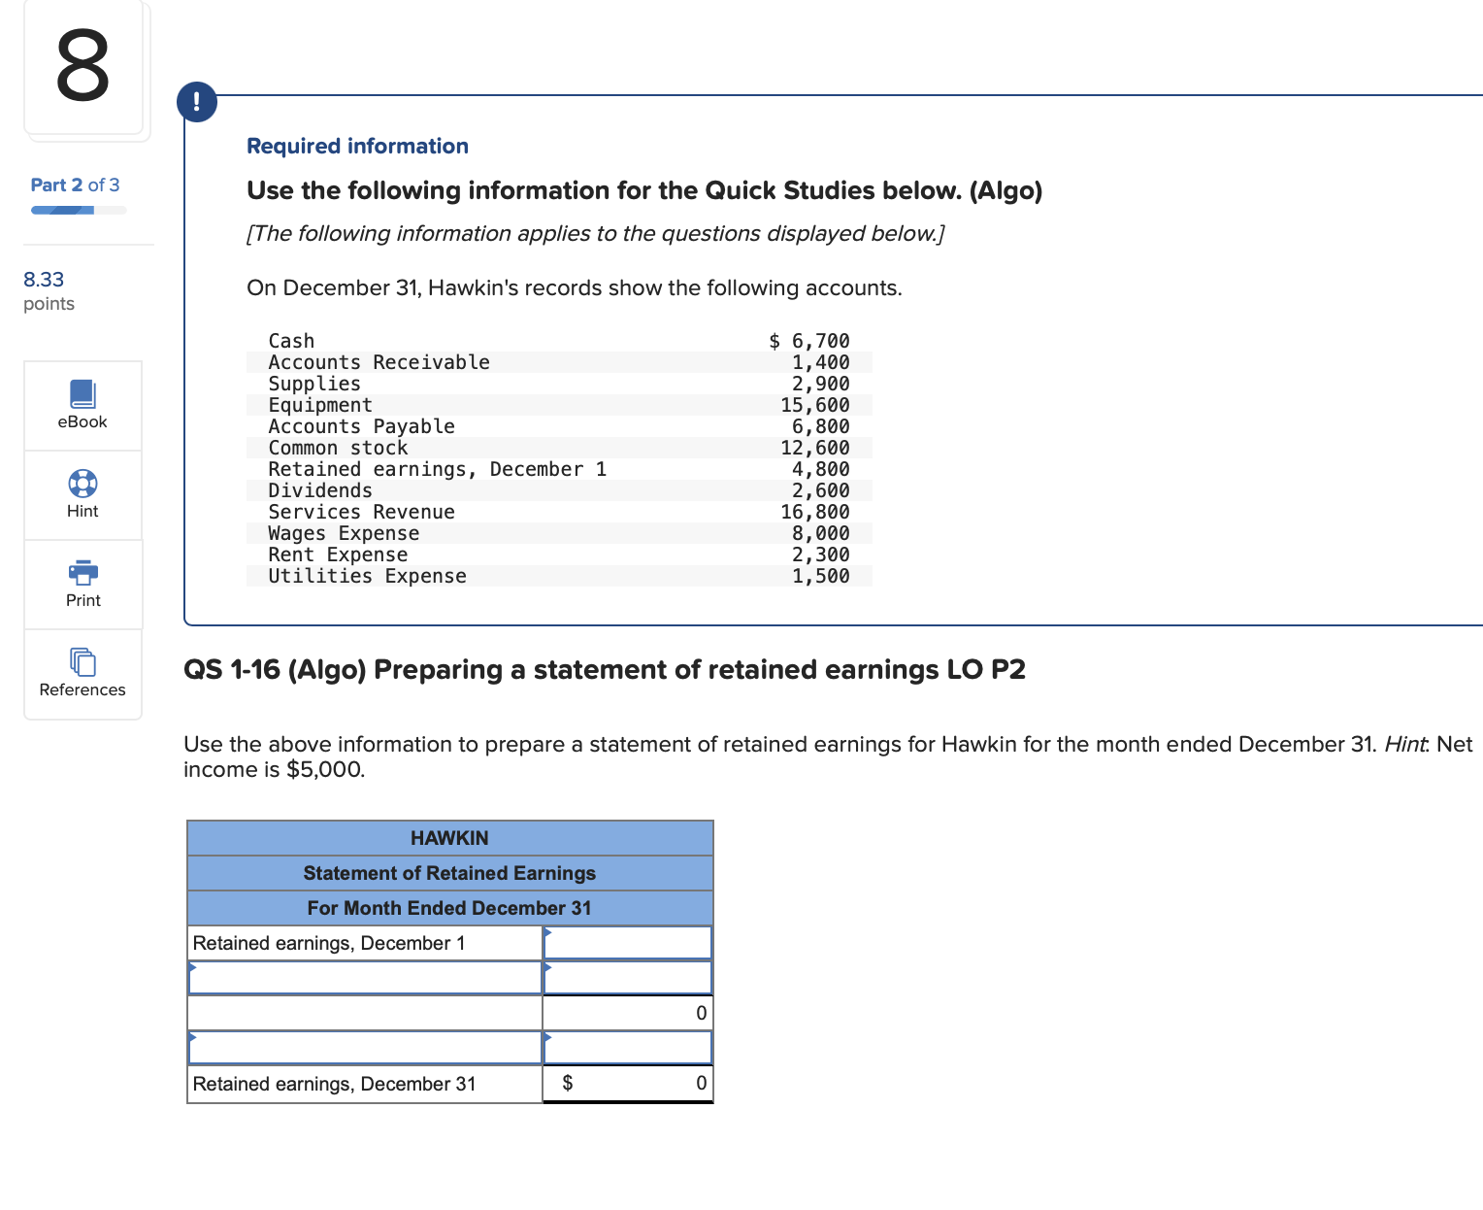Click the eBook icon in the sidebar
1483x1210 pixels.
point(82,393)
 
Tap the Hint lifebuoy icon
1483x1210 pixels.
point(82,483)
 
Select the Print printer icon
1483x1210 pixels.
point(82,572)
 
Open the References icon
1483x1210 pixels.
point(82,661)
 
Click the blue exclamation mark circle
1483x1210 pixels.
point(197,102)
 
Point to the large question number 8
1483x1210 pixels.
point(82,66)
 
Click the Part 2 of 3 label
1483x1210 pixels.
point(75,185)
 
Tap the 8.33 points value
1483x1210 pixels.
point(44,280)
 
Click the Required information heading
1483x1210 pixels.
point(357,146)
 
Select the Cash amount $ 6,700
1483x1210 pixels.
point(809,341)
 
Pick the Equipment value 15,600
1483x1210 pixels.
point(815,405)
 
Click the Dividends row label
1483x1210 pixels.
point(320,490)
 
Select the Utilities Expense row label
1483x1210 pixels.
point(367,576)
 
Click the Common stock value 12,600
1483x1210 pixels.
point(815,448)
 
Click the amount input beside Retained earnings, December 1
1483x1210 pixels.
point(628,943)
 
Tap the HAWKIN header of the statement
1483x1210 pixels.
point(449,838)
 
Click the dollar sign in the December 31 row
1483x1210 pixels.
point(568,1083)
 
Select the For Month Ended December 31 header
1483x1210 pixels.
point(449,908)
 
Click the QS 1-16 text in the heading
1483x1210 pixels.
point(232,670)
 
